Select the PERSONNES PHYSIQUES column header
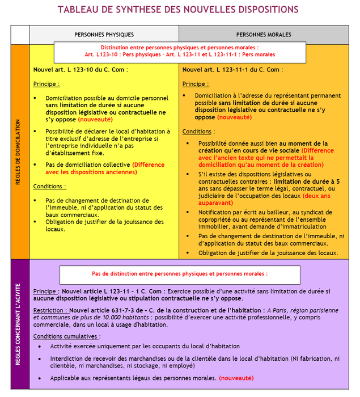coord(104,35)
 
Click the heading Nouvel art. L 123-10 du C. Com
coord(81,69)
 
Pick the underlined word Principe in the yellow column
coord(46,84)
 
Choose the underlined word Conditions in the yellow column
coord(49,186)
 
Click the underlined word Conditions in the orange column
coord(198,132)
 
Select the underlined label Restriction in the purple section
coord(50,310)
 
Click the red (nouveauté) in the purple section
coord(236,378)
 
